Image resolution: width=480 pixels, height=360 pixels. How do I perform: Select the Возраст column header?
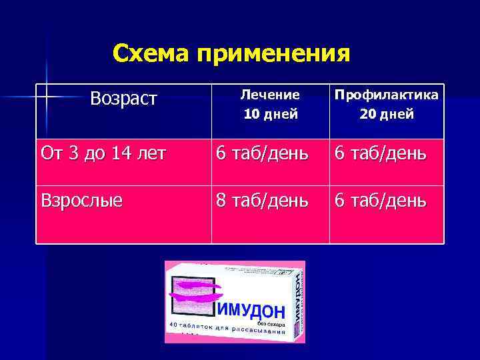click(x=123, y=99)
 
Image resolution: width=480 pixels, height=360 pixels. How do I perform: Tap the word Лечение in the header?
click(x=270, y=95)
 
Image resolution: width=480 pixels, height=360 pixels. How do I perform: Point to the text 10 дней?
click(x=270, y=114)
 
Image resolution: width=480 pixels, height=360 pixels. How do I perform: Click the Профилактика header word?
click(x=387, y=95)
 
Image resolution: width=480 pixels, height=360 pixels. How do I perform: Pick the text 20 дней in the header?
click(x=387, y=114)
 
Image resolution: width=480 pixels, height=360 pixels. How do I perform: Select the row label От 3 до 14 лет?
click(x=103, y=153)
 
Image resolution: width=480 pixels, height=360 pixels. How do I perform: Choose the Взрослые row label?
click(x=82, y=200)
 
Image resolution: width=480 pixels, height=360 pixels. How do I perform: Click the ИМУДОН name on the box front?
click(x=251, y=310)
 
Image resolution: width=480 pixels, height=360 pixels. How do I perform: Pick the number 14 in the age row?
click(x=121, y=153)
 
